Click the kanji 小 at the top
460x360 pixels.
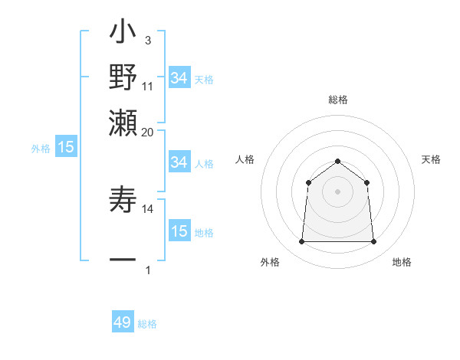(x=123, y=35)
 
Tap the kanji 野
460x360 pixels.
(x=123, y=78)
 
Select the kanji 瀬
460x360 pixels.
(x=123, y=123)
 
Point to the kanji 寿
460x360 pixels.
(x=123, y=201)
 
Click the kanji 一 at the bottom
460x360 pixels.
(x=123, y=260)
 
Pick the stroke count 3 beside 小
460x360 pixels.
(x=147, y=40)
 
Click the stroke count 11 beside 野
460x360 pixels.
(x=148, y=87)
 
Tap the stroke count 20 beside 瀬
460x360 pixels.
(x=148, y=131)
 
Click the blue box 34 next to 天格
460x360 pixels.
(x=179, y=78)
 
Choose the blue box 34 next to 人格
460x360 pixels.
(x=179, y=162)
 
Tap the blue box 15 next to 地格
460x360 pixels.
(x=179, y=231)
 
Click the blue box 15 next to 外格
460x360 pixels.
(x=65, y=148)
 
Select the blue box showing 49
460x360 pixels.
(x=123, y=322)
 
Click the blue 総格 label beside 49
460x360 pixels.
(x=147, y=324)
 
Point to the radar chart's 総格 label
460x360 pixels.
(x=337, y=100)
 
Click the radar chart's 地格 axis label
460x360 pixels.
(x=402, y=263)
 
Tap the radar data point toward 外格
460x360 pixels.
(x=301, y=242)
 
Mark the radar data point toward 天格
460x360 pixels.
(x=366, y=182)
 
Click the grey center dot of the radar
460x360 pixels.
(x=337, y=191)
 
